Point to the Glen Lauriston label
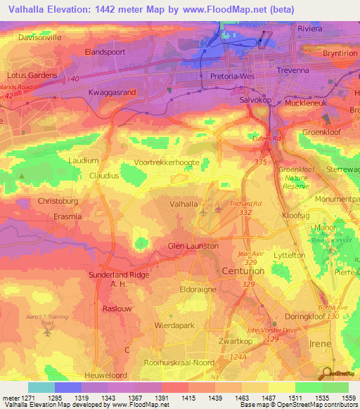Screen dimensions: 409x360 pyautogui.click(x=193, y=246)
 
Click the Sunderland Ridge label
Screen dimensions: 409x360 pyautogui.click(x=119, y=275)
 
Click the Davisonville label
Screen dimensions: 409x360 pyautogui.click(x=36, y=37)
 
